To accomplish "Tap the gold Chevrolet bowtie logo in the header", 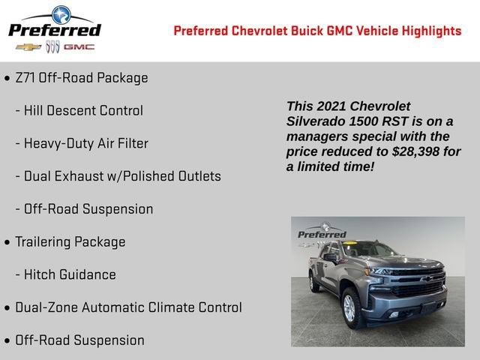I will coord(28,47).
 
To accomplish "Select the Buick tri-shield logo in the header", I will coord(52,47).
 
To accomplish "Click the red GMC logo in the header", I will coord(79,47).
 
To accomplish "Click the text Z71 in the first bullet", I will coord(26,78).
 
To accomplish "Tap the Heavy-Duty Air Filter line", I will coord(86,143).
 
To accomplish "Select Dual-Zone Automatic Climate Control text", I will coord(128,307).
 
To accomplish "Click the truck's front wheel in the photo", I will coord(352,308).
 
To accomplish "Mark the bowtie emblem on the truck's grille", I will coord(425,279).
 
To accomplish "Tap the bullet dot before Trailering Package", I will coord(7,242).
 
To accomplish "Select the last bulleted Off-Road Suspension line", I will coord(79,340).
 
